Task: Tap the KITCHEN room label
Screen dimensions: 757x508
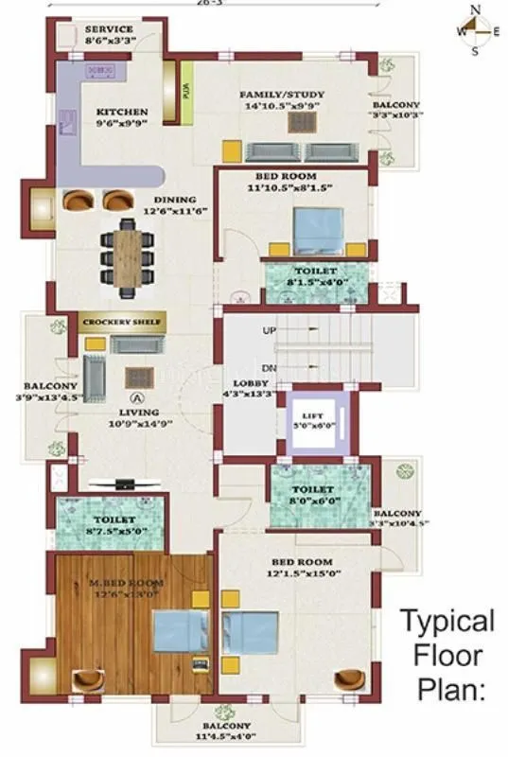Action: pyautogui.click(x=123, y=112)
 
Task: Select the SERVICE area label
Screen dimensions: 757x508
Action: pyautogui.click(x=109, y=29)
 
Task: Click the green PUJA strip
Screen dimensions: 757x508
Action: pyautogui.click(x=186, y=92)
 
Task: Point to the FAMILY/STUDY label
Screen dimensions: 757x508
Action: pyautogui.click(x=281, y=95)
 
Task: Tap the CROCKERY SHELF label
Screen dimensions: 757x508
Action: pyautogui.click(x=124, y=323)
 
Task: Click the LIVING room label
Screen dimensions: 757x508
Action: pyautogui.click(x=138, y=413)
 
